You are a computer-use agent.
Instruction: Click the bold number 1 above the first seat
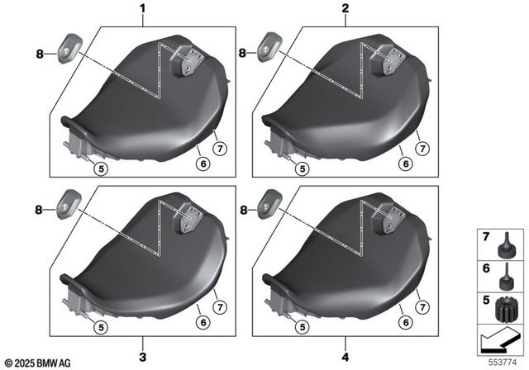(x=141, y=10)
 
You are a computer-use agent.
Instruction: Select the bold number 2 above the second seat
(x=345, y=10)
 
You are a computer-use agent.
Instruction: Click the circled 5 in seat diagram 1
(x=100, y=168)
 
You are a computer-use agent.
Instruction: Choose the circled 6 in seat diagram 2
(x=403, y=163)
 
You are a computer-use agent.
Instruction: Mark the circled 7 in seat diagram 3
(x=219, y=306)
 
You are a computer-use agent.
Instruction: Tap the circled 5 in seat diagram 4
(x=303, y=327)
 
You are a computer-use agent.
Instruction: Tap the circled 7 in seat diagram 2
(x=422, y=149)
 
